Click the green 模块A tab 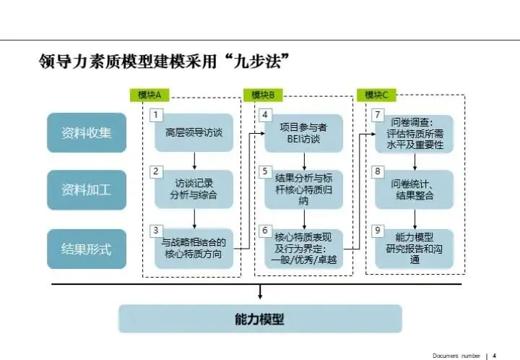149,95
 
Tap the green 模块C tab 376,95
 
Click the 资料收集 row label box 87,132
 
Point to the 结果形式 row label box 87,249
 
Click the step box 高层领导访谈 194,132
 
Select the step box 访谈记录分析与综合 194,189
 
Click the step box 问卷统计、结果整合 415,189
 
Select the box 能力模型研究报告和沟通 415,249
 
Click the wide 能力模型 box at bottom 260,319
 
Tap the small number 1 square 155,114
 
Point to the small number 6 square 265,231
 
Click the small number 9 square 377,231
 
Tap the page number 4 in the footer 495,355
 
